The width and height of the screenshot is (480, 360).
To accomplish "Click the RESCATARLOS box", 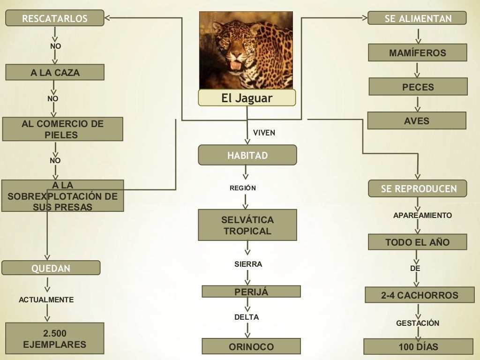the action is pyautogui.click(x=54, y=19).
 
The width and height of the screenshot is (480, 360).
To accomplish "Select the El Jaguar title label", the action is pyautogui.click(x=247, y=98).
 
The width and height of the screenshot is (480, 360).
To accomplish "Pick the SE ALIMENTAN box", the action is pyautogui.click(x=417, y=18).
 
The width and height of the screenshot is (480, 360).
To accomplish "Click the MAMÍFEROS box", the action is pyautogui.click(x=417, y=53).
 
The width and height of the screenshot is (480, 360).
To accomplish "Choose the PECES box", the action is pyautogui.click(x=418, y=87).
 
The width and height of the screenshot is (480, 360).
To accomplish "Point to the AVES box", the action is pyautogui.click(x=416, y=120).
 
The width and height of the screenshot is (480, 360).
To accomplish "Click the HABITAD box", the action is pyautogui.click(x=247, y=155).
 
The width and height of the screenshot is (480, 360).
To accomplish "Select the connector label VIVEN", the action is pyautogui.click(x=264, y=133).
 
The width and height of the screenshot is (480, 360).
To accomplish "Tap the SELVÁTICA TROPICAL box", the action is pyautogui.click(x=247, y=225).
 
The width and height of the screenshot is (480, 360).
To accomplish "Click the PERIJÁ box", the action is pyautogui.click(x=251, y=292).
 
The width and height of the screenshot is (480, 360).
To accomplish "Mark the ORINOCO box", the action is pyautogui.click(x=251, y=346).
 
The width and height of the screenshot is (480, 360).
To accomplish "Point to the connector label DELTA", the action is pyautogui.click(x=247, y=317).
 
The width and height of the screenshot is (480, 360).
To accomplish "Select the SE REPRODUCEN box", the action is pyautogui.click(x=417, y=188).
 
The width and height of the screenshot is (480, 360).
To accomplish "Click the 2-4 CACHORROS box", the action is pyautogui.click(x=420, y=295).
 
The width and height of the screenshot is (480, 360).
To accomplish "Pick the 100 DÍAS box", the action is pyautogui.click(x=419, y=347).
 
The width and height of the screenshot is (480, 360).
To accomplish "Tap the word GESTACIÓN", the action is pyautogui.click(x=418, y=323).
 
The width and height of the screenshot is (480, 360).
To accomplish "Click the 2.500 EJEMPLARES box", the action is pyautogui.click(x=54, y=338).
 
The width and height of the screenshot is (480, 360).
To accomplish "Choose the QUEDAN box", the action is pyautogui.click(x=51, y=268).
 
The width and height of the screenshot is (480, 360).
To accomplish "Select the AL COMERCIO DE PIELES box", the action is pyautogui.click(x=62, y=129).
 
